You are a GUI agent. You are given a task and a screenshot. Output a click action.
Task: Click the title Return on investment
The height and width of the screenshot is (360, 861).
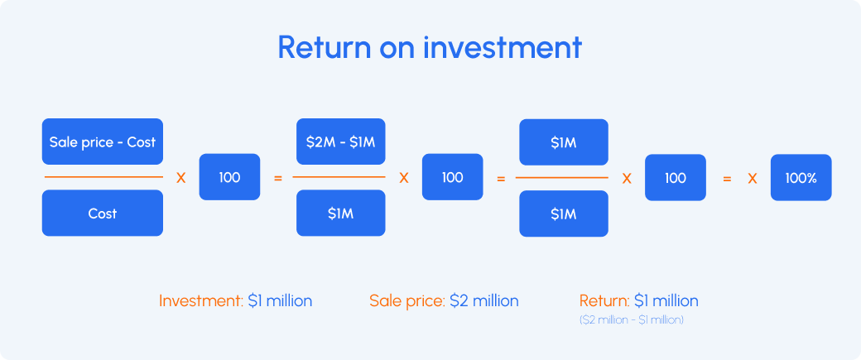[430, 47]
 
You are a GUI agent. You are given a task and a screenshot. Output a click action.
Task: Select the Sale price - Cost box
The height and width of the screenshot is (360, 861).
[103, 142]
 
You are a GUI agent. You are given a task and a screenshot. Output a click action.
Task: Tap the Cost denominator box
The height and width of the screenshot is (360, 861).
[103, 214]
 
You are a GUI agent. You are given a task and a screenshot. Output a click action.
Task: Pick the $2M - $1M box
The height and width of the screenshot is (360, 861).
[341, 142]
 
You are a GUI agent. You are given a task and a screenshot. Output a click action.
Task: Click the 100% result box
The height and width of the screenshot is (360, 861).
[801, 177]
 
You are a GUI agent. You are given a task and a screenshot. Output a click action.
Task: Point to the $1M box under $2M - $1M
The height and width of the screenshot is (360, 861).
[341, 214]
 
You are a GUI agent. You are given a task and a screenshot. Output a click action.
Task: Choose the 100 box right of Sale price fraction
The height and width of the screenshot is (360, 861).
[229, 177]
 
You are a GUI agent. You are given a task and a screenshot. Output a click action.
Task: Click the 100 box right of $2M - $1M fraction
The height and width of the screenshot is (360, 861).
[452, 177]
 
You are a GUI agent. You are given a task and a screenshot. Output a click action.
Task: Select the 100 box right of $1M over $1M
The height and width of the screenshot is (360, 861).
[675, 177]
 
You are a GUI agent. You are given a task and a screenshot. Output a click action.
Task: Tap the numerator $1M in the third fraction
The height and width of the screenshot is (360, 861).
[564, 142]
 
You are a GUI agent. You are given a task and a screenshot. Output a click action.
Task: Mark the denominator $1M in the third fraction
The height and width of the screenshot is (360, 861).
[564, 214]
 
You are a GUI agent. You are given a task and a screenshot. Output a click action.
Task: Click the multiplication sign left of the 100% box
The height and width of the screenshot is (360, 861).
[753, 178]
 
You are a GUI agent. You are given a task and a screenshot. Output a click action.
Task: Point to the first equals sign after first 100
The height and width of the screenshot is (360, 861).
[277, 178]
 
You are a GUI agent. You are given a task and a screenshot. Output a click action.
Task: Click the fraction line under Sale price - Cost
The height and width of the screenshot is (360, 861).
[103, 177]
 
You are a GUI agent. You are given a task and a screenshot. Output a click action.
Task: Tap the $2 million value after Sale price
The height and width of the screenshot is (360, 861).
[484, 300]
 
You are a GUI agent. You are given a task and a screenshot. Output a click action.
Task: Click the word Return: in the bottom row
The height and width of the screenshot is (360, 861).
[604, 300]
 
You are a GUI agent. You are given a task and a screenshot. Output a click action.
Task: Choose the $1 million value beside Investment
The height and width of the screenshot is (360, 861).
[280, 300]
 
